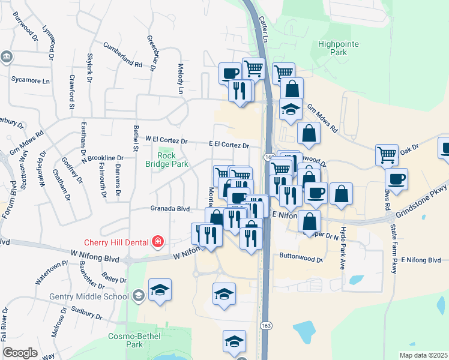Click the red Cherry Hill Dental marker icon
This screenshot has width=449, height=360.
coord(157,242)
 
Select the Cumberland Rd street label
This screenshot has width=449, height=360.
coord(122,55)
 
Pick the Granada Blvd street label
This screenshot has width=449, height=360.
coord(170,209)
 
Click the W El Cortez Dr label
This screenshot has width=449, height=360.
coord(166,142)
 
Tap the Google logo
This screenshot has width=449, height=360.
coord(20,352)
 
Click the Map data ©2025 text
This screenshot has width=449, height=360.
coord(422,355)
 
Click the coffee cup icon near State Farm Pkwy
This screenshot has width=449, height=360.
coord(396,178)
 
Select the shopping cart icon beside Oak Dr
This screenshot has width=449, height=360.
coord(387,154)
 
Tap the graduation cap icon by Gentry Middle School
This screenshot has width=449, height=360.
coord(160,290)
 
